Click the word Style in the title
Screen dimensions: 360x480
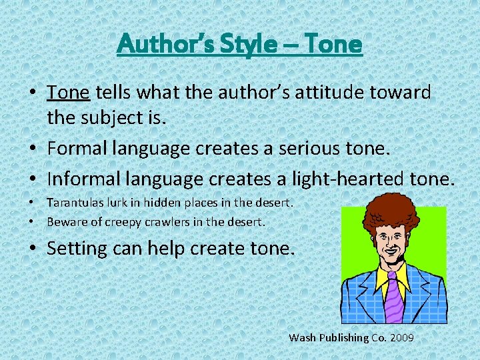tap(246, 45)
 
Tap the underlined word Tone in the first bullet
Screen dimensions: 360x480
tap(68, 92)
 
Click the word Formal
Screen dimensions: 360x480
tap(81, 148)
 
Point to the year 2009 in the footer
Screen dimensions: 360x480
tap(402, 338)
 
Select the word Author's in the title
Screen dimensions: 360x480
tap(165, 45)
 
